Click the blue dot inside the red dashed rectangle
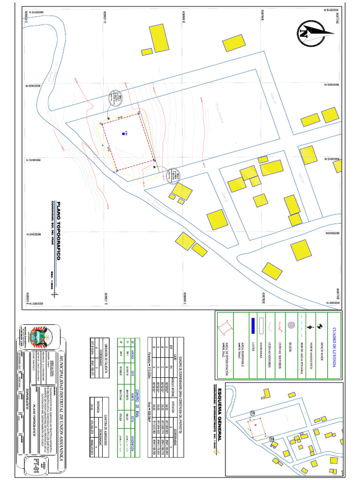[x=123, y=134]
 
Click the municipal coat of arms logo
[x=37, y=336]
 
